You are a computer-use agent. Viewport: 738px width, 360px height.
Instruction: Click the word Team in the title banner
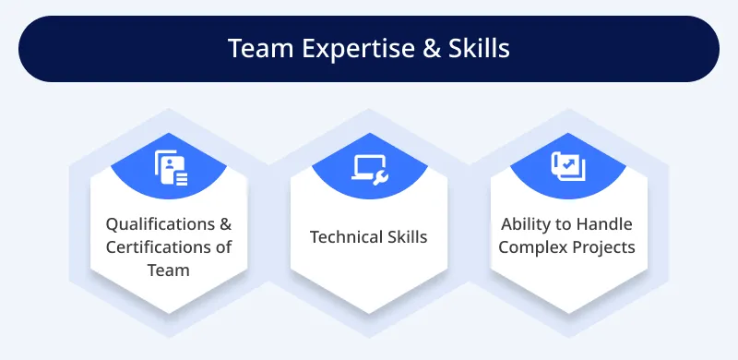pyautogui.click(x=256, y=48)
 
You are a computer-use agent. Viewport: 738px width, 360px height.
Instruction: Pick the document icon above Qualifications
pyautogui.click(x=169, y=168)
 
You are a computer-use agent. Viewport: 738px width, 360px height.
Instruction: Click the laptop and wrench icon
pyautogui.click(x=369, y=167)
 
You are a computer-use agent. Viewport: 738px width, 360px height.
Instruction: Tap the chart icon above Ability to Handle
pyautogui.click(x=568, y=167)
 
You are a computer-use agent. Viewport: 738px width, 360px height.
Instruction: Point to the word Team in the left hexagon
pyautogui.click(x=169, y=270)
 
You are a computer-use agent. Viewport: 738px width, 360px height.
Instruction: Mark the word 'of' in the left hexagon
pyautogui.click(x=223, y=247)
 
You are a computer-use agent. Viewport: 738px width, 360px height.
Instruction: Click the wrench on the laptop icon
pyautogui.click(x=379, y=173)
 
